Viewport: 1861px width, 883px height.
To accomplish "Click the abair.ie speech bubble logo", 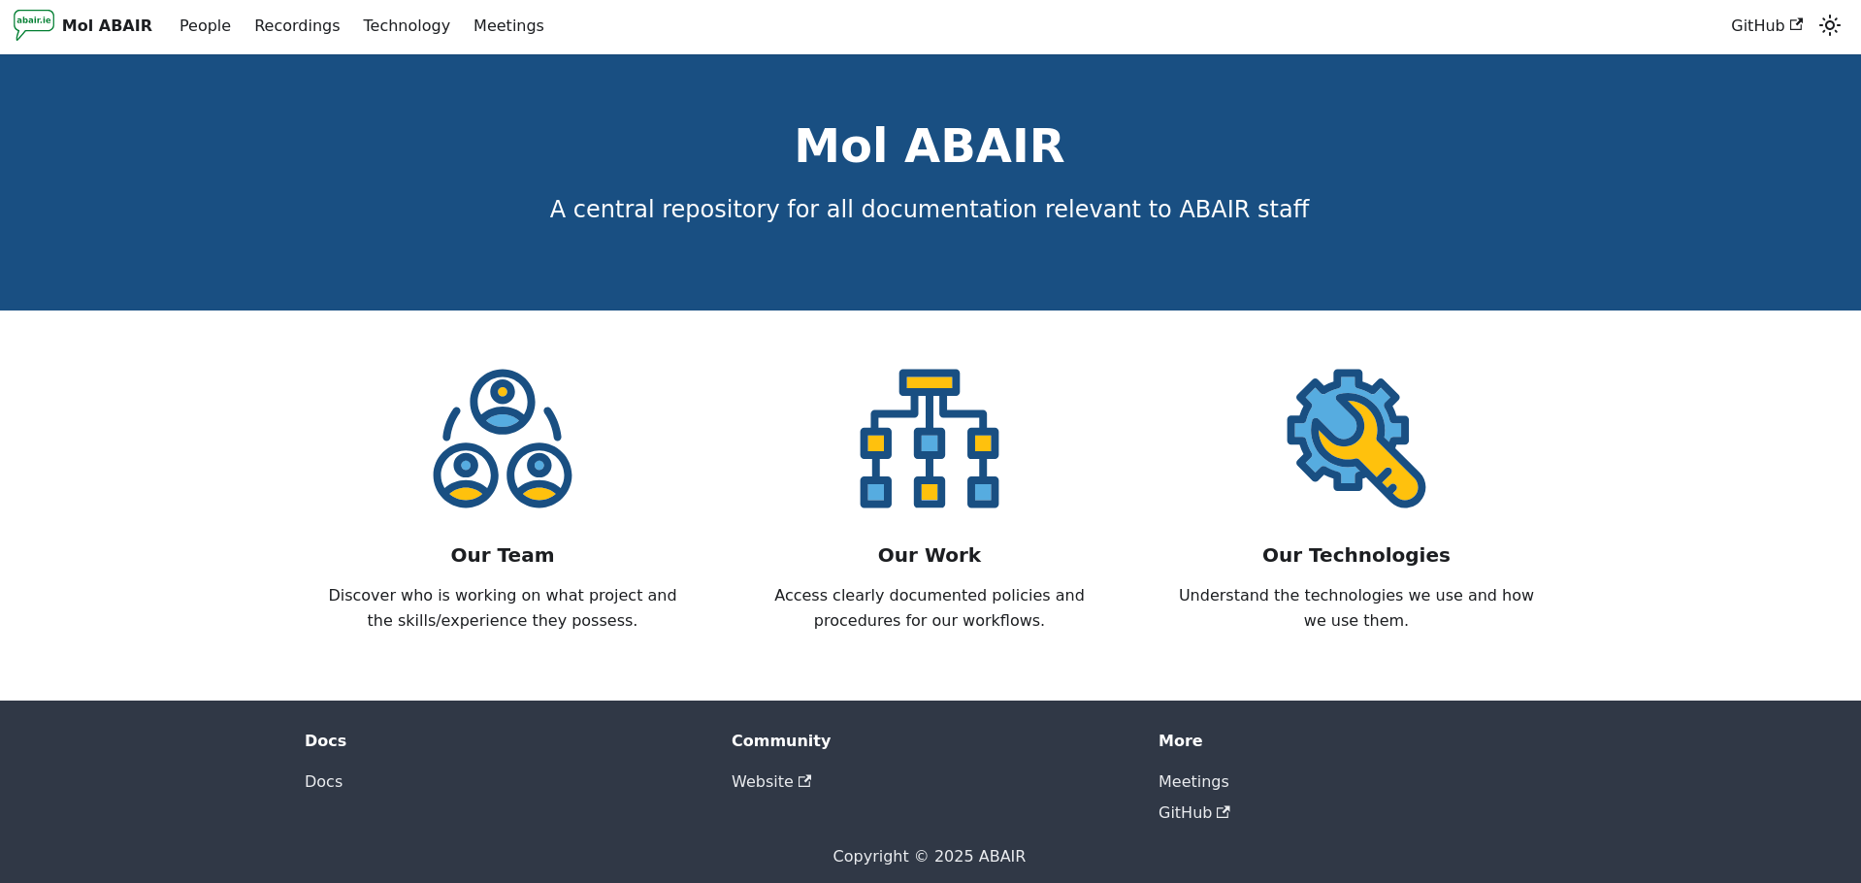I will pyautogui.click(x=34, y=24).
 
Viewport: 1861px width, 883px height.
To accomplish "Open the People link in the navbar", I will pyautogui.click(x=205, y=26).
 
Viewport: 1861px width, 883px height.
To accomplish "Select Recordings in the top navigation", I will pyautogui.click(x=297, y=26).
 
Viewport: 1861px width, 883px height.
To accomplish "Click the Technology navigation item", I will pyautogui.click(x=407, y=26).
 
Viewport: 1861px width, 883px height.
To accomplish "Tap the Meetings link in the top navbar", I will pyautogui.click(x=508, y=26).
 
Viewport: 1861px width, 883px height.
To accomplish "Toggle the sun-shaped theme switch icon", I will pyautogui.click(x=1829, y=26).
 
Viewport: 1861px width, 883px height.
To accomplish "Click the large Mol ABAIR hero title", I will pyautogui.click(x=930, y=147).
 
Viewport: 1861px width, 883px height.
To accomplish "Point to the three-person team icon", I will pyautogui.click(x=503, y=439).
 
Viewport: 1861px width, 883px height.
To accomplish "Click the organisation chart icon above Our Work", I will pyautogui.click(x=930, y=439).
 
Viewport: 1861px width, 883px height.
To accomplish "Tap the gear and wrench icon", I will pyautogui.click(x=1355, y=439).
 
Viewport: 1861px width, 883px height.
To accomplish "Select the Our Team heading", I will pyautogui.click(x=503, y=555).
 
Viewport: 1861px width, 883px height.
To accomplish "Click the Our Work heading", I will pyautogui.click(x=930, y=555).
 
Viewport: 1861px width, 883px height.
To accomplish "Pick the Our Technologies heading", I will pyautogui.click(x=1355, y=555).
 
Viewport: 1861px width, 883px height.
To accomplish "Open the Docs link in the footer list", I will pyautogui.click(x=323, y=782).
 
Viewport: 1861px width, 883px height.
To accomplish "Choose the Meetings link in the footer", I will pyautogui.click(x=1193, y=782).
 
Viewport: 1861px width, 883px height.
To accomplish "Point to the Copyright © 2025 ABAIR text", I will pyautogui.click(x=929, y=857).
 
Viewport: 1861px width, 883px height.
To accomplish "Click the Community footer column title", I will pyautogui.click(x=781, y=741).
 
